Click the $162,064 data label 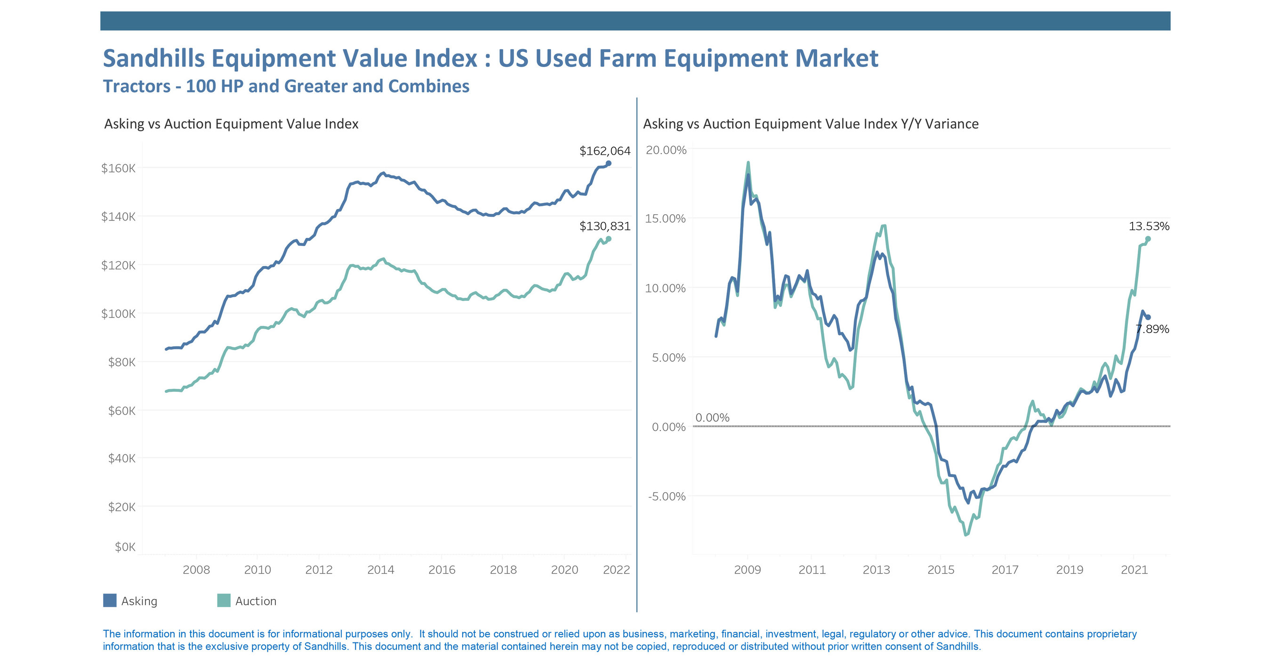click(x=604, y=151)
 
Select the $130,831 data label click(x=604, y=226)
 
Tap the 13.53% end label click(x=1149, y=226)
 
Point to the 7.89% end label click(x=1152, y=329)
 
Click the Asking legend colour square click(x=110, y=601)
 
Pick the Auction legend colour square click(x=224, y=601)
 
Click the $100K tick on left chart click(x=118, y=314)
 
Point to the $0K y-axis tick click(x=125, y=546)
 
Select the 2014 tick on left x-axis click(x=380, y=570)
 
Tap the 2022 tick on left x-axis click(x=616, y=570)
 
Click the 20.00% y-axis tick click(x=666, y=150)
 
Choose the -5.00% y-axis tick click(x=667, y=496)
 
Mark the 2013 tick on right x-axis click(x=876, y=570)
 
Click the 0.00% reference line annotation click(x=712, y=418)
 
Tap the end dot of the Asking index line click(x=608, y=163)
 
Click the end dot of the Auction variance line click(x=1148, y=239)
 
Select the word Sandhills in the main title click(x=153, y=58)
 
